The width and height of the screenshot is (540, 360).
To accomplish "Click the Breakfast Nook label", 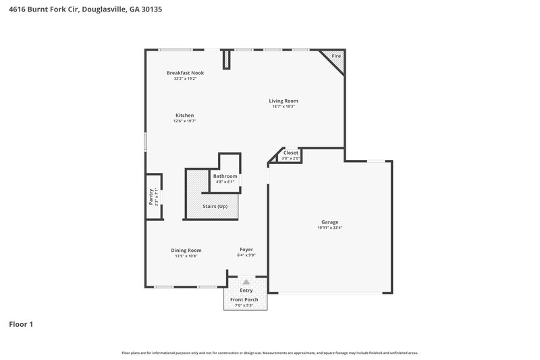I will (x=185, y=73).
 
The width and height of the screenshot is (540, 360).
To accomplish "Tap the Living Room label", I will (x=283, y=101).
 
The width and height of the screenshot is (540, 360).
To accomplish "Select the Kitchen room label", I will (x=184, y=115).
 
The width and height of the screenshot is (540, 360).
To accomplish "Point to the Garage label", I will (x=329, y=222).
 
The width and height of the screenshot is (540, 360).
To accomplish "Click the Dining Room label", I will (x=186, y=250).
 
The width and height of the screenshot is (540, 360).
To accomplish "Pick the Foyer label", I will (x=246, y=250).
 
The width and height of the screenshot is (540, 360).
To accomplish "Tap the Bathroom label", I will (x=225, y=176).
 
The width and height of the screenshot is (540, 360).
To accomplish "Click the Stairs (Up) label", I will (x=215, y=206).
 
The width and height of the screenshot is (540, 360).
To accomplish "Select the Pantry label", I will (x=151, y=197).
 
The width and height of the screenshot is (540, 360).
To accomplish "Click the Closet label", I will (x=291, y=153).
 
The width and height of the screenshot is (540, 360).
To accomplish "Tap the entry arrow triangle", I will (x=246, y=282).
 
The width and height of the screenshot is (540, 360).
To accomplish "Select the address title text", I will (x=85, y=10).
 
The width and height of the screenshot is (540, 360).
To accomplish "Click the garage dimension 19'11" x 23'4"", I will (x=329, y=228).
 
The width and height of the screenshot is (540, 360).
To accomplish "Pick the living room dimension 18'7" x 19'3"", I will (x=283, y=107).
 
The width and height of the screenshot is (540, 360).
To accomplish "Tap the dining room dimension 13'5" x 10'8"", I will (x=186, y=256).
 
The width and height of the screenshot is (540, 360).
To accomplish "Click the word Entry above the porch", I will (x=246, y=290).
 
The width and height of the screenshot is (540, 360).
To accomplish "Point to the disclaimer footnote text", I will (x=269, y=353).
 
